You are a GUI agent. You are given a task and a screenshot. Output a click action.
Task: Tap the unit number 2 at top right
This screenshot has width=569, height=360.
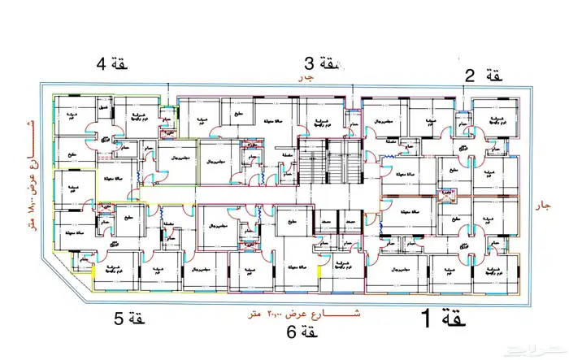coord(469,76)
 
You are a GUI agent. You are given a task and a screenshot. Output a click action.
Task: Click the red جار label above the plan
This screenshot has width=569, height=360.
coord(306,79)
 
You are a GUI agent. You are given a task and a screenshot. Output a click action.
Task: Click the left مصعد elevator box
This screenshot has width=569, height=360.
coord(323,221)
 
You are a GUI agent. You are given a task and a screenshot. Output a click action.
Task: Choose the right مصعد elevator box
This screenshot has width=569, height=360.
coord(350,221)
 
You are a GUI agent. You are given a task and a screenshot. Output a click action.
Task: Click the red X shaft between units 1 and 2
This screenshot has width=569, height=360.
coord(445,193)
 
